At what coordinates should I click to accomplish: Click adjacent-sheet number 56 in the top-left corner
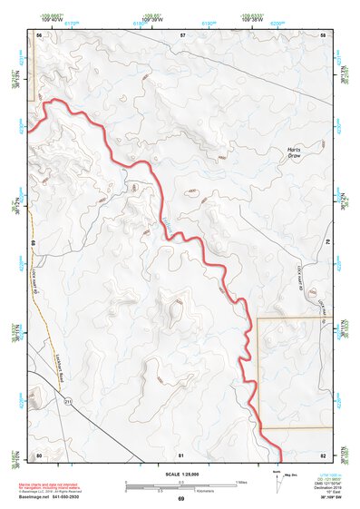(40, 34)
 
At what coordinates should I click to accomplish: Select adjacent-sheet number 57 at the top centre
(182, 34)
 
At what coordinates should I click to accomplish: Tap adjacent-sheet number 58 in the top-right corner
(324, 34)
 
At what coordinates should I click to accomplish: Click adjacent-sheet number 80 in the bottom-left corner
(39, 454)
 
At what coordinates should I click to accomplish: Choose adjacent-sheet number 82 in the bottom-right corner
(323, 454)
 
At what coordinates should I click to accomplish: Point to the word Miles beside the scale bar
(240, 481)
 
